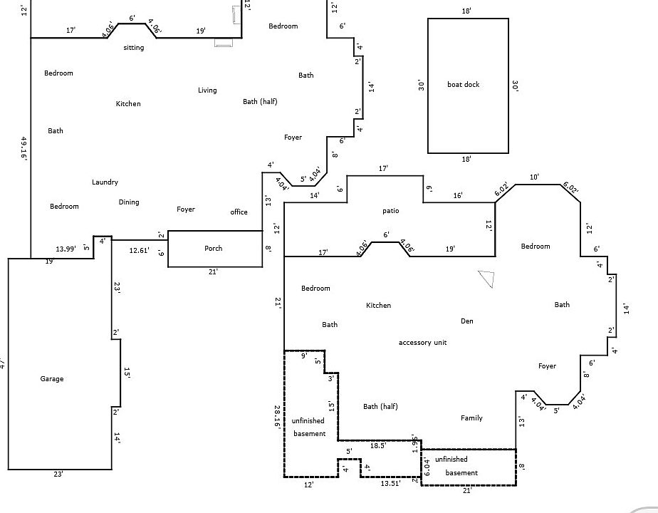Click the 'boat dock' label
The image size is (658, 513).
click(463, 85)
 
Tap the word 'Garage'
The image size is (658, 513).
click(52, 379)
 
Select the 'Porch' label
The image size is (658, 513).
click(214, 249)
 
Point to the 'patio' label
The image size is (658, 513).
click(391, 211)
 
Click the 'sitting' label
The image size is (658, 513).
click(134, 48)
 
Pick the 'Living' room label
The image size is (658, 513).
click(207, 90)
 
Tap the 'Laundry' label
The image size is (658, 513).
click(105, 182)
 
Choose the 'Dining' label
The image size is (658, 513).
click(129, 202)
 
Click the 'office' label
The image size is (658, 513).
click(239, 212)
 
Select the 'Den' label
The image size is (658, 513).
click(467, 321)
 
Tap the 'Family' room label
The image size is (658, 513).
click(471, 418)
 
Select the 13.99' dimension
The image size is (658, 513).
click(66, 249)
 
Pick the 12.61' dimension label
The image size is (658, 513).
click(139, 250)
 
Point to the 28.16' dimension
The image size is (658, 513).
click(277, 418)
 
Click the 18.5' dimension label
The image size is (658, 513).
click(378, 445)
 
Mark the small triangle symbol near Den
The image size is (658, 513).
click(486, 279)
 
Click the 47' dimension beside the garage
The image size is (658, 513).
click(3, 363)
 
